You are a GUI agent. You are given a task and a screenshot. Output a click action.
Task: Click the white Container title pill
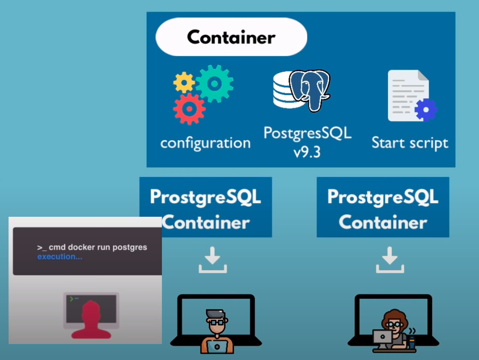(231, 38)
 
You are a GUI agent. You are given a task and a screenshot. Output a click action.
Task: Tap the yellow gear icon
(184, 83)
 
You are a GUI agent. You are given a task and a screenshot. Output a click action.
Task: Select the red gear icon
(189, 108)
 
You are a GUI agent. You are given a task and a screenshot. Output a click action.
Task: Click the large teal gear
(214, 84)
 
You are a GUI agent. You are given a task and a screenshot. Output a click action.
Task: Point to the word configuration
(206, 143)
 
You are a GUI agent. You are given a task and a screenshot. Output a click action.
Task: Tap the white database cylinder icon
(286, 92)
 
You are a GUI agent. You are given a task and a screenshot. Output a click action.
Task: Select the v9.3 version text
(307, 152)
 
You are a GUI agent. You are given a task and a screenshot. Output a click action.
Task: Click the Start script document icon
(408, 95)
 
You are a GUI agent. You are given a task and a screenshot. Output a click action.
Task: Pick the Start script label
(410, 143)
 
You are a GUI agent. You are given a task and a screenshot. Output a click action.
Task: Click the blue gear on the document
(426, 110)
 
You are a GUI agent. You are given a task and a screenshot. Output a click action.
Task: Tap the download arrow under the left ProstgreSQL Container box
(213, 260)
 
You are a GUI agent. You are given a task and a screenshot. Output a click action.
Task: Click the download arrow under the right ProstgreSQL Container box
(390, 260)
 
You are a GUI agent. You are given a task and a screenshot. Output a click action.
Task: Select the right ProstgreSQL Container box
(383, 207)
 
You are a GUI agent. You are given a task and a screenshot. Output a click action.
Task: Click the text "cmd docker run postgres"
(98, 247)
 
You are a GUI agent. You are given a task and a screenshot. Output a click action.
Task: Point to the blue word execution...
(60, 257)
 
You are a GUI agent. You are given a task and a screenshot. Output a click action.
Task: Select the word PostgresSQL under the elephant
(307, 132)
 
